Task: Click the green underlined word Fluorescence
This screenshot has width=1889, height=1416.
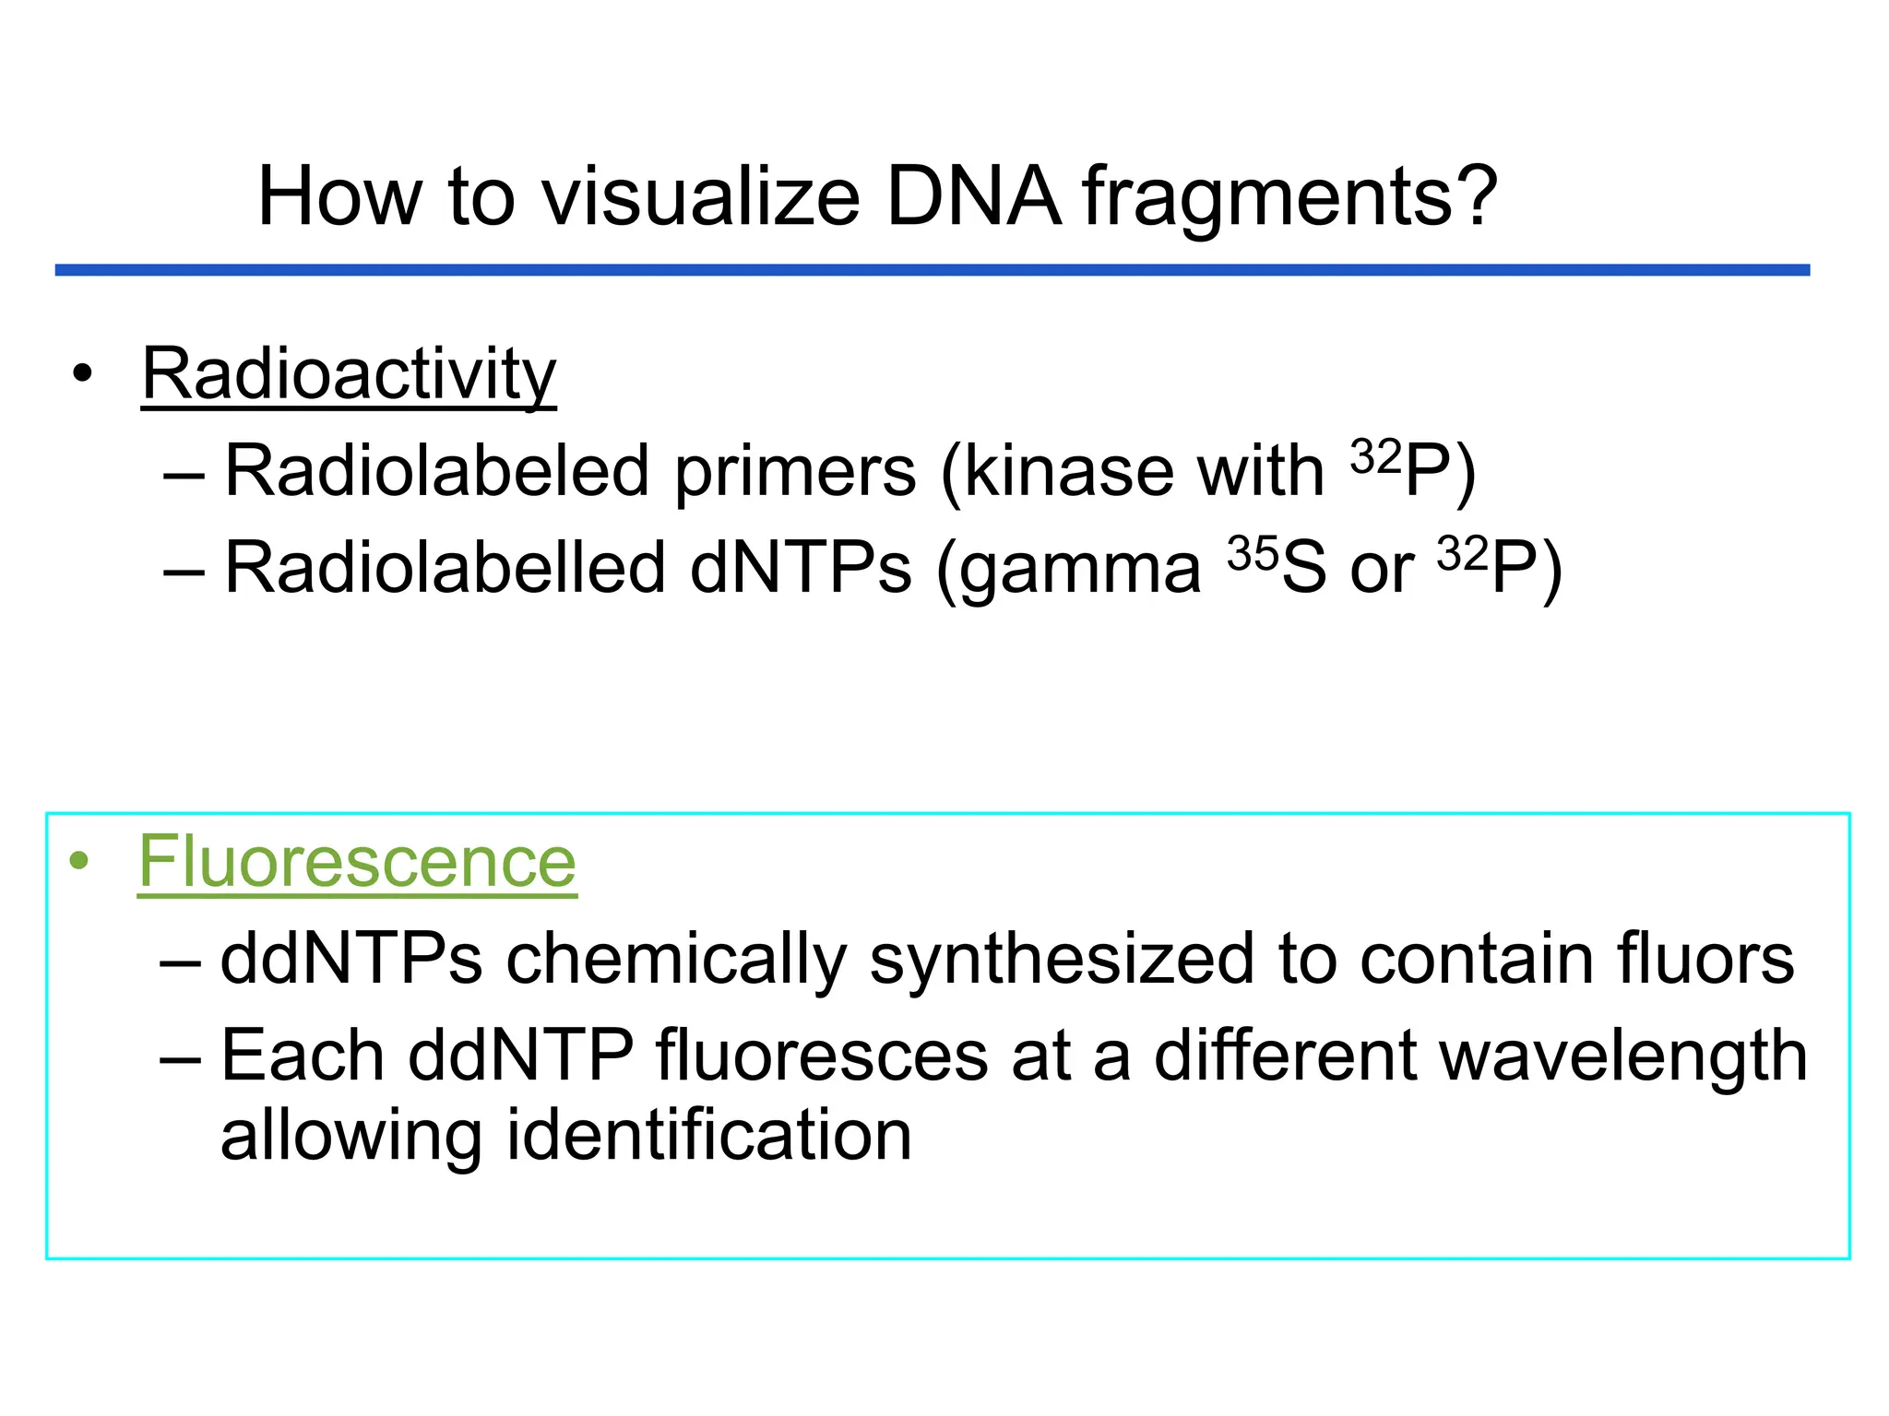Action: point(357,861)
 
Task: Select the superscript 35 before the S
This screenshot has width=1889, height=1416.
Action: point(1253,553)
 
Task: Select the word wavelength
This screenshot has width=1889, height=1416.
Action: point(1623,1056)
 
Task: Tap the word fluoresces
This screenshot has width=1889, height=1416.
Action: point(822,1056)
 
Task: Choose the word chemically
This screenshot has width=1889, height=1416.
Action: point(675,959)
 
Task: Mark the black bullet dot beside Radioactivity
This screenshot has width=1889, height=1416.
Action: point(83,374)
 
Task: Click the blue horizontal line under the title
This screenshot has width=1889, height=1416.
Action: point(932,270)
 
